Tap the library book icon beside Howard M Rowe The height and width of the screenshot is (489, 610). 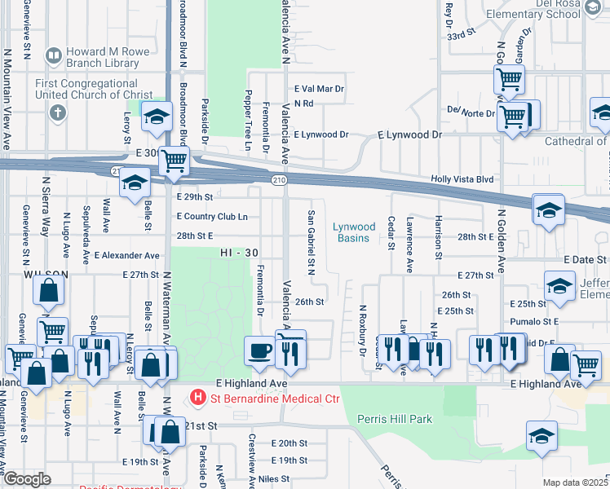coord(54,56)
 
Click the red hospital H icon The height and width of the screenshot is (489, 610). coord(197,399)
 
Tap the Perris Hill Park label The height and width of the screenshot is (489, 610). coord(394,419)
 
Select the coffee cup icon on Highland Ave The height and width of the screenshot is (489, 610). coord(259,350)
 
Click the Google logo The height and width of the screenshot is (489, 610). coord(27,479)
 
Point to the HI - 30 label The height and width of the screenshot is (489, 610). coord(238,254)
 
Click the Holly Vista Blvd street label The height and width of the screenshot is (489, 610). coord(462,179)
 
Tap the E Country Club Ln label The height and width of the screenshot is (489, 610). coord(212,217)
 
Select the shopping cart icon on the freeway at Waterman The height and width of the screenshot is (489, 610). coord(174,161)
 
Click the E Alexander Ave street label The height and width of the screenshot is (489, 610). coord(129,255)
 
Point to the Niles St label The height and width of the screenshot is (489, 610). coord(275,479)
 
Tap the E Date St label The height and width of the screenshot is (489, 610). coord(586,258)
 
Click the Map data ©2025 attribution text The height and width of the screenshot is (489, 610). coord(574,482)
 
